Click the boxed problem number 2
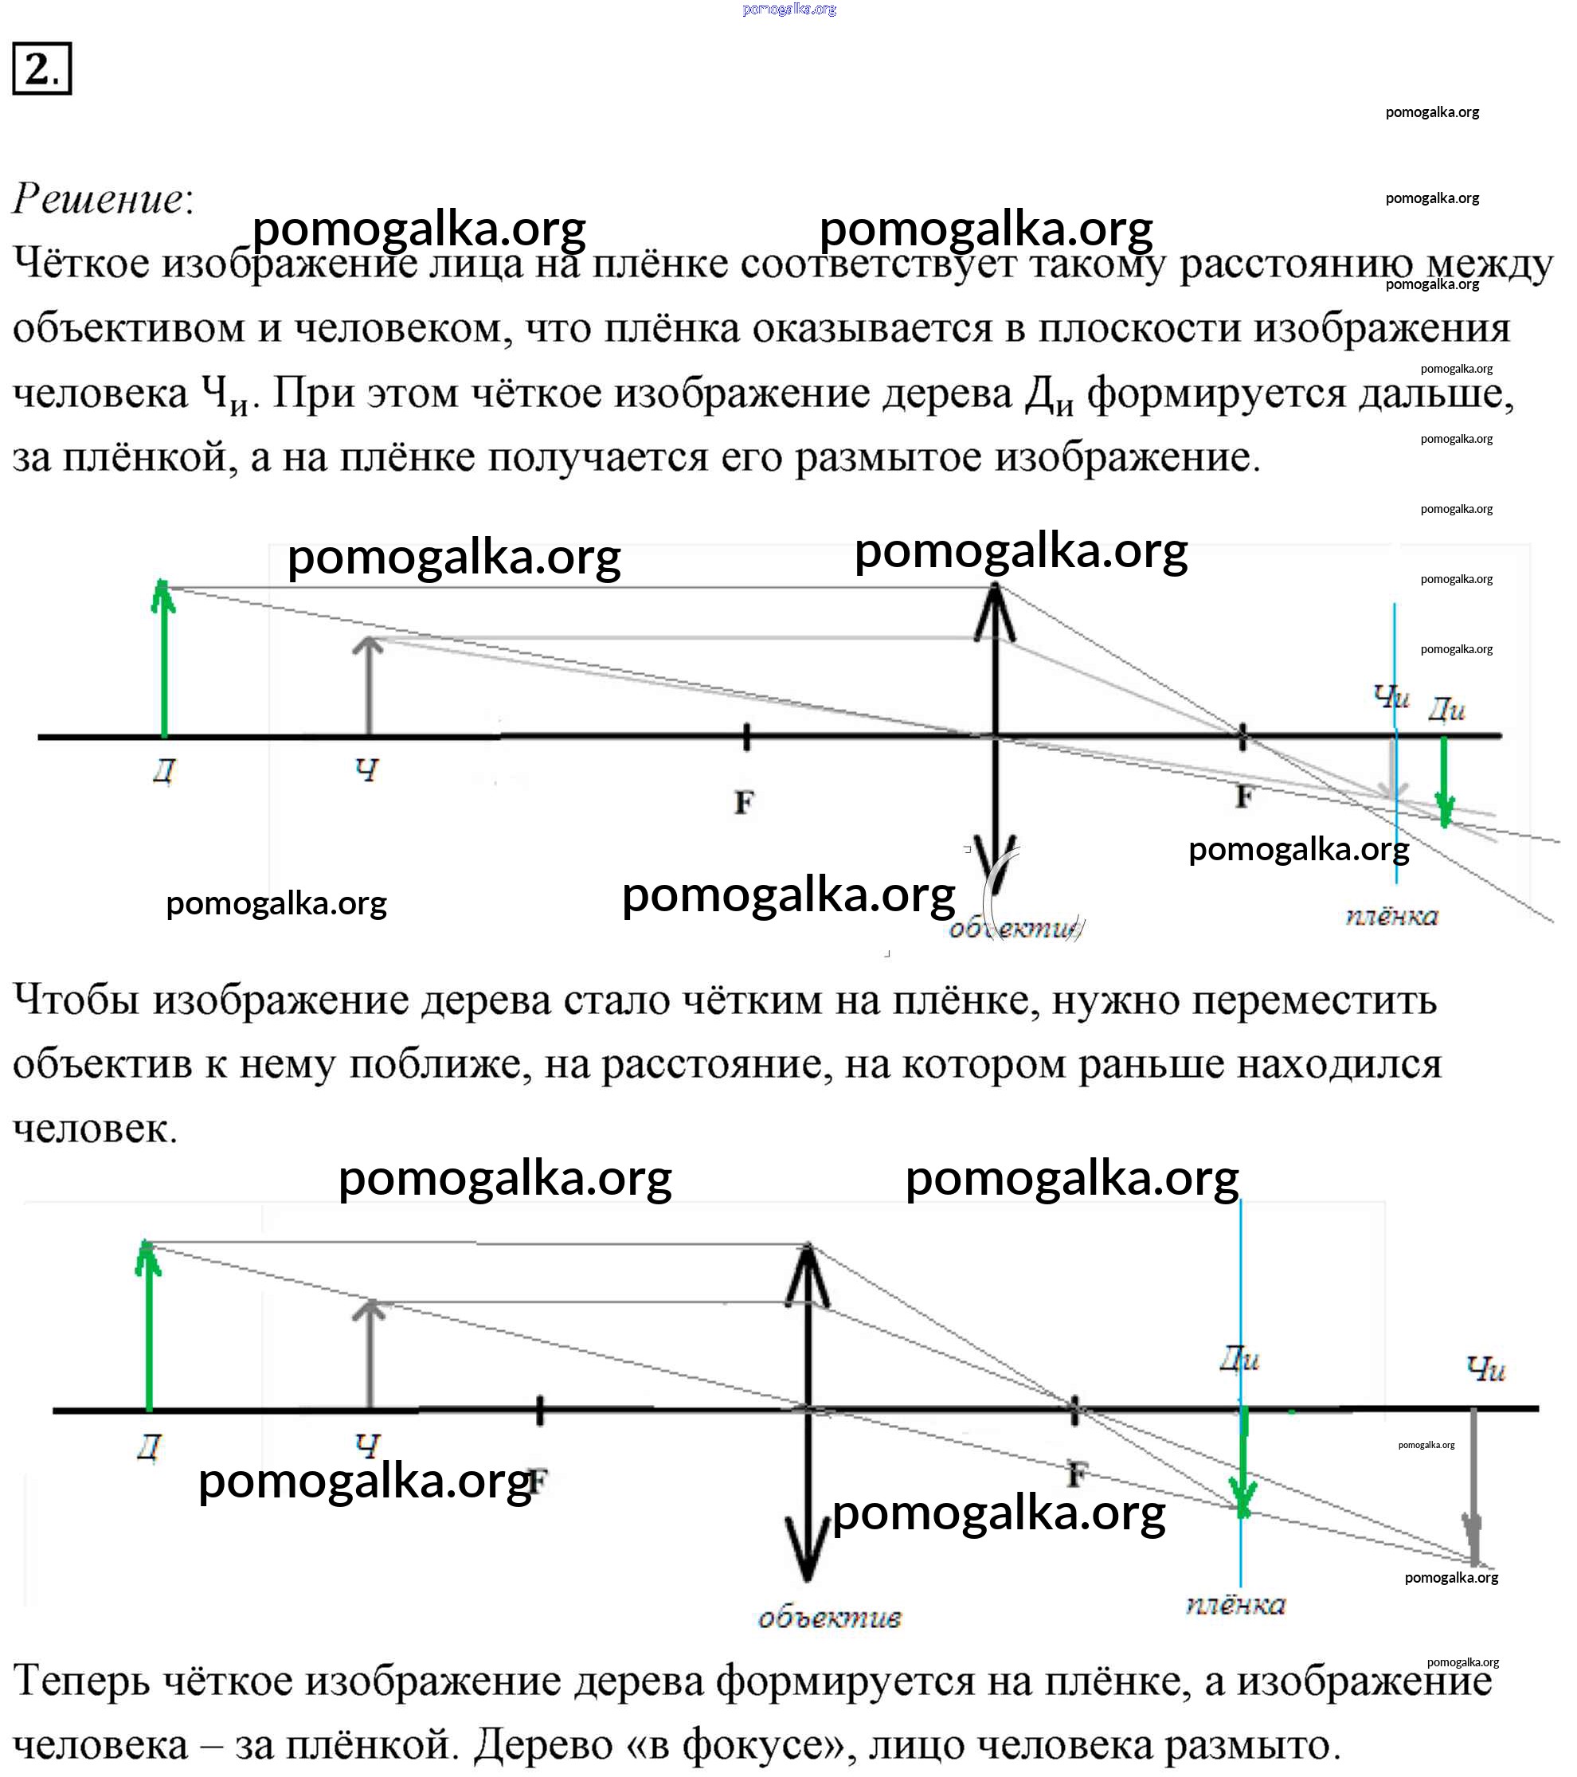pos(41,68)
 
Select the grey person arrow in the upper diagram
pos(369,687)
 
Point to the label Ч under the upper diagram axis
pos(368,769)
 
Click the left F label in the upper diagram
pos(743,801)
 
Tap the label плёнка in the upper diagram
pos(1391,916)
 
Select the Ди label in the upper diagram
pos(1446,710)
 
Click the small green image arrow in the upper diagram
pos(1444,780)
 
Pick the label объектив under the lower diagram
pos(829,1618)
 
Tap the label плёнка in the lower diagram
pos(1235,1605)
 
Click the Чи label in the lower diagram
pos(1485,1368)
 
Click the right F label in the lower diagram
pos(1076,1474)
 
